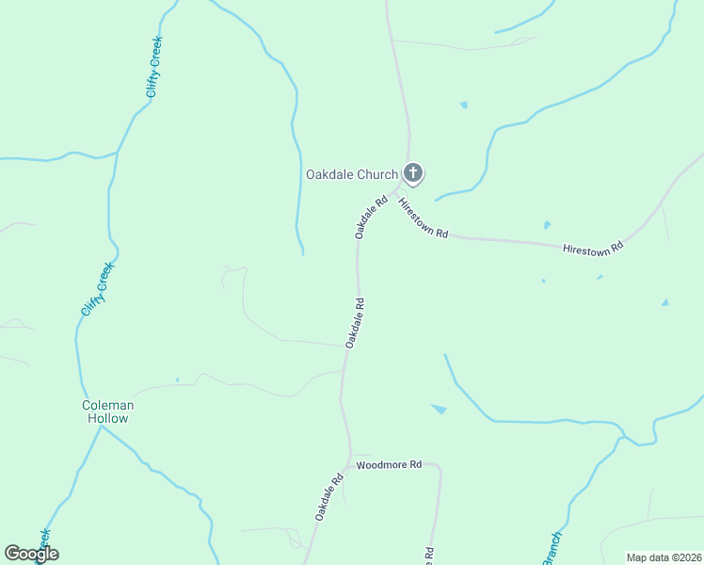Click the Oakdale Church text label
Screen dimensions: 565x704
352,174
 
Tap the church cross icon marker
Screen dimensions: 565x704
413,173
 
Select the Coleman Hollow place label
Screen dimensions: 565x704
108,412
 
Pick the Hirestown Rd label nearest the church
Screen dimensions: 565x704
423,218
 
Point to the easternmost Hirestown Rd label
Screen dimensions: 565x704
593,248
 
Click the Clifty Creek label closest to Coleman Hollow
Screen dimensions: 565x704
97,289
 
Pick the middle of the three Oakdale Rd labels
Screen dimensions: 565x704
355,323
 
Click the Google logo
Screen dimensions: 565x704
31,554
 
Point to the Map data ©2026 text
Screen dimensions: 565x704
664,557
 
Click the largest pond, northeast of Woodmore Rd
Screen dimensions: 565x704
439,409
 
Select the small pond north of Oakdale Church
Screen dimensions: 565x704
463,105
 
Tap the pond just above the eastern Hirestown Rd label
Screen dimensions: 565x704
547,225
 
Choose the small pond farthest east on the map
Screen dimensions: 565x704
665,302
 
